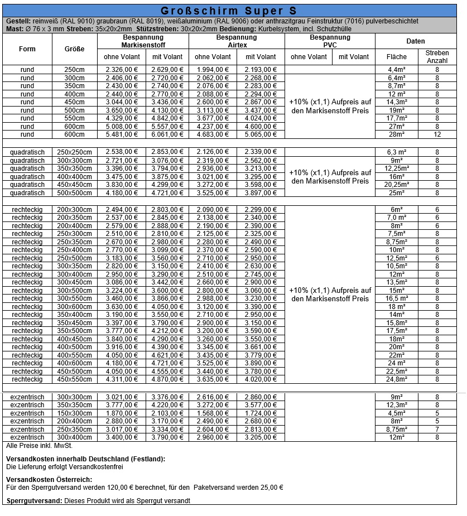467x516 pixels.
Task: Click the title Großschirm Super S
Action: (x=229, y=11)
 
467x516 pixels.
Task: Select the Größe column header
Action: (x=75, y=49)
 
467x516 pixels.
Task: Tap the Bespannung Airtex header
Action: (x=237, y=41)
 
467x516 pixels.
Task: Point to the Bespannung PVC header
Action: (x=330, y=41)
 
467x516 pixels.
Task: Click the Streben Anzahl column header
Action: (x=437, y=56)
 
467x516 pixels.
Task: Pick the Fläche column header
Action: (x=397, y=56)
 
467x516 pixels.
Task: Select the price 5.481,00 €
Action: (x=122, y=134)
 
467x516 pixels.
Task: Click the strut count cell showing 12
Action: (x=437, y=134)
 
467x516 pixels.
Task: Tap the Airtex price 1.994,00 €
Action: (x=213, y=70)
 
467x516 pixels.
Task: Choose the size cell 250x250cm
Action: (x=75, y=152)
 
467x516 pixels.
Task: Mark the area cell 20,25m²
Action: (x=397, y=185)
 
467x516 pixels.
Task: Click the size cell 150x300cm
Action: (x=75, y=413)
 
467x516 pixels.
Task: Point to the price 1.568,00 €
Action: (x=213, y=413)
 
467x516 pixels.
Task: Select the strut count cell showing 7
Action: (x=437, y=430)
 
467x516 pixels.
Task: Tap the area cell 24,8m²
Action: (x=397, y=380)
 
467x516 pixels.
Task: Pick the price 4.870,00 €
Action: (x=167, y=380)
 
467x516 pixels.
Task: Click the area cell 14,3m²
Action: (x=397, y=102)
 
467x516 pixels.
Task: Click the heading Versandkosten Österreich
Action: (x=49, y=480)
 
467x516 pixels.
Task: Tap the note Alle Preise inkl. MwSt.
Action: (x=39, y=446)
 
